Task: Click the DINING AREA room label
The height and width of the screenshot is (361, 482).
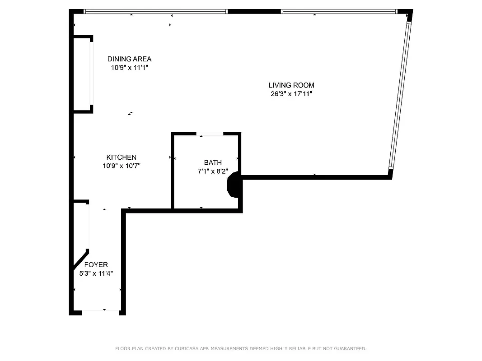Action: [129, 59]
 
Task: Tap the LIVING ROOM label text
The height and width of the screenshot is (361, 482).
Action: [291, 85]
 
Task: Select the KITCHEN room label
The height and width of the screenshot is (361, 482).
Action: [121, 157]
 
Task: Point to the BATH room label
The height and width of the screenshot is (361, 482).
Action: [213, 163]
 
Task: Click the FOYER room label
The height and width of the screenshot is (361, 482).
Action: [96, 265]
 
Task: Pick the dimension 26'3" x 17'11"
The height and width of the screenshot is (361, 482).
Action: [291, 94]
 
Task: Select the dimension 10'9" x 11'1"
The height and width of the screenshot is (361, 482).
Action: [129, 68]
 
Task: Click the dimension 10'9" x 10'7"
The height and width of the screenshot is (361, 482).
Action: [121, 166]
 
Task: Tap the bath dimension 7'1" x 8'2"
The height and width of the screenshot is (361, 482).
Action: [213, 171]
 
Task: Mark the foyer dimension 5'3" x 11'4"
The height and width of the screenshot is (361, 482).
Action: [96, 273]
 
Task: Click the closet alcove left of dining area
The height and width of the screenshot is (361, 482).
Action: [82, 73]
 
